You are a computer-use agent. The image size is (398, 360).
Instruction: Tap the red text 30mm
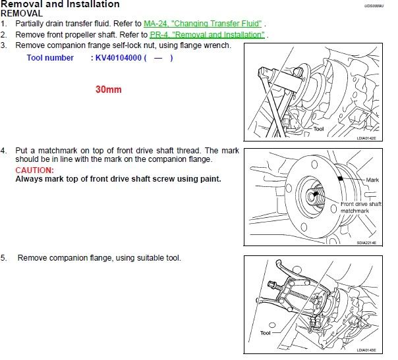pyautogui.click(x=109, y=90)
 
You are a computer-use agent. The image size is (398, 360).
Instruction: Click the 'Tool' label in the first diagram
pyautogui.click(x=319, y=130)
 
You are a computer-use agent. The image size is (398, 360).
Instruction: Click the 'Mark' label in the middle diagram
pyautogui.click(x=373, y=180)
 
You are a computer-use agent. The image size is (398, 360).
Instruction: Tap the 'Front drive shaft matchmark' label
pyautogui.click(x=361, y=207)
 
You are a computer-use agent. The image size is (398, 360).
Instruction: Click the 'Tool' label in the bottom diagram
pyautogui.click(x=265, y=333)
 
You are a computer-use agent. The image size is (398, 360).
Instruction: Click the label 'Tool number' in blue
pyautogui.click(x=50, y=58)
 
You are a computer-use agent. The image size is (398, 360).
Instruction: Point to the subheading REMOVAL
pyautogui.click(x=21, y=13)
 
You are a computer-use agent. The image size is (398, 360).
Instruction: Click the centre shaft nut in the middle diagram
pyautogui.click(x=314, y=195)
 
